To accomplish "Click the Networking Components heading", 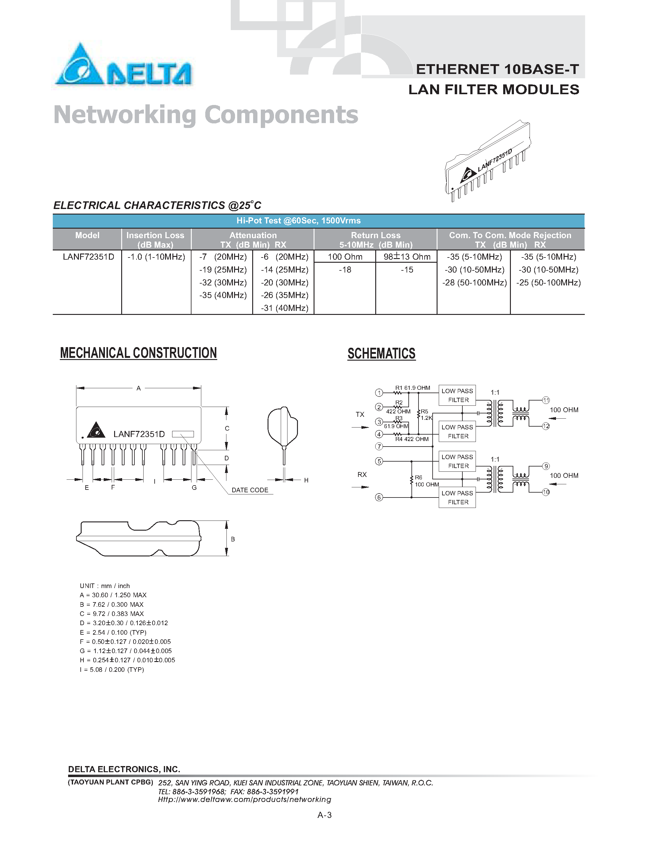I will [206, 115].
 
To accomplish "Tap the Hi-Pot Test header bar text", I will [298, 221].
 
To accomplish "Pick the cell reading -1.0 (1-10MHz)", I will [156, 257].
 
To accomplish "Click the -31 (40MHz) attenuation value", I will [284, 308].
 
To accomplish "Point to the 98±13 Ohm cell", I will [407, 257].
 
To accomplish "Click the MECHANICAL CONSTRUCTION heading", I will [138, 353].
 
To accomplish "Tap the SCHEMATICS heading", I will [381, 354].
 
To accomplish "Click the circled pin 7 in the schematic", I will [379, 446].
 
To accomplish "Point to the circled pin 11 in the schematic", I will [546, 400].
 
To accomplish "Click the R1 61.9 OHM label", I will [412, 388].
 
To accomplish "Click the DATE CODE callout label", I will [249, 490].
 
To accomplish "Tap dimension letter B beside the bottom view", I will [233, 539].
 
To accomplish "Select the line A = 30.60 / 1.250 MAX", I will [113, 595].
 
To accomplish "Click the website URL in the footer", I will [245, 799].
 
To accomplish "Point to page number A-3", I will [324, 815].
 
